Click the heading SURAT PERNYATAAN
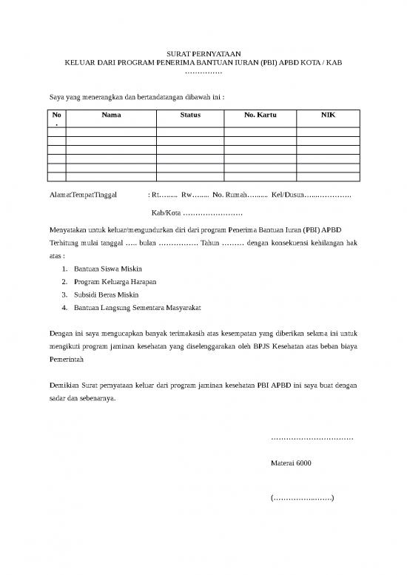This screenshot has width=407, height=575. point(203,54)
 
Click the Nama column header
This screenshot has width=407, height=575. point(111,115)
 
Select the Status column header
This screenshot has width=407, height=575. point(190,115)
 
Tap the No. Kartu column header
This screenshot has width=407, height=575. point(258,115)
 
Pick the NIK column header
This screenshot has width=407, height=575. point(327,115)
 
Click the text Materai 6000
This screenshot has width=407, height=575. point(292,464)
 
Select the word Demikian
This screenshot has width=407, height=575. point(63,386)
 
